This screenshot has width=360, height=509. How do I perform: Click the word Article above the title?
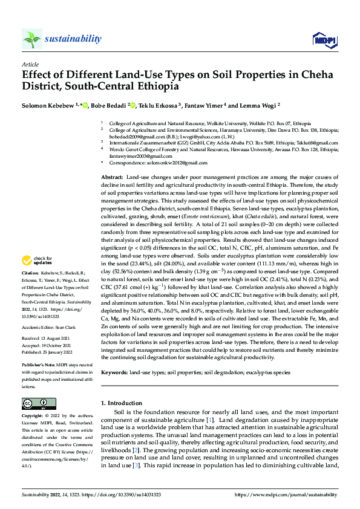[30, 63]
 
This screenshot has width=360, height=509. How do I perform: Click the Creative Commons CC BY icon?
[39, 404]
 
